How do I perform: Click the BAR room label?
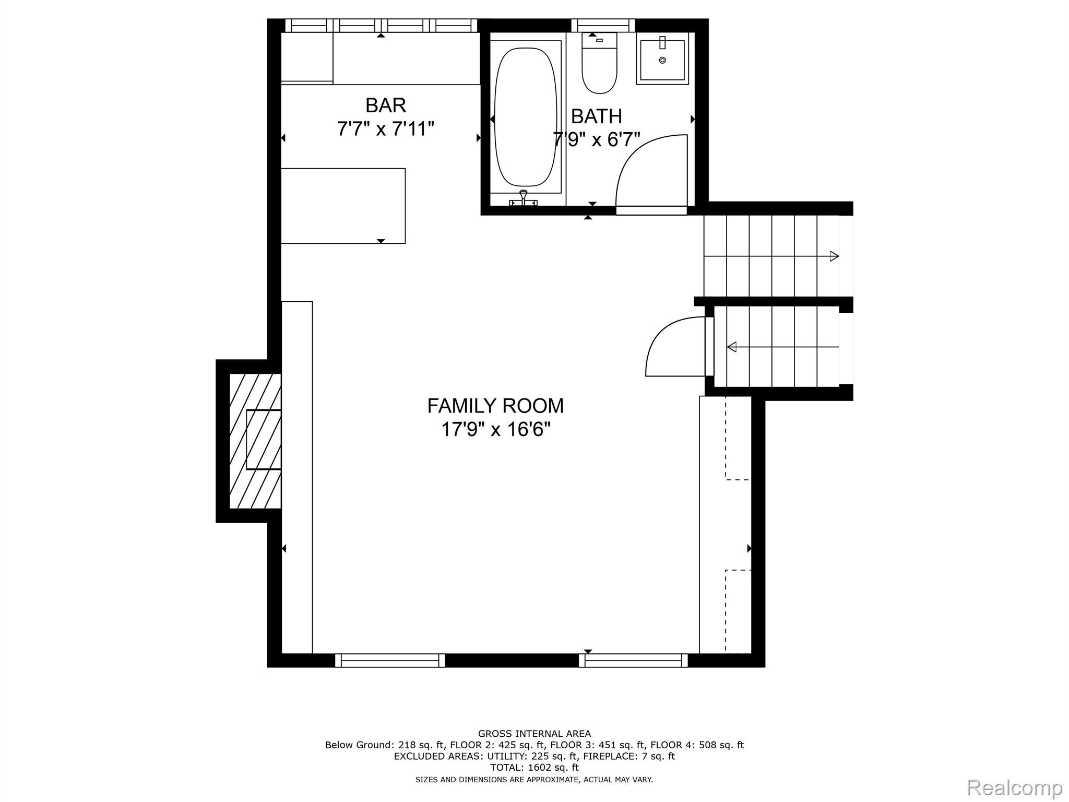pyautogui.click(x=385, y=105)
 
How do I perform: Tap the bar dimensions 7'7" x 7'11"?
pyautogui.click(x=385, y=128)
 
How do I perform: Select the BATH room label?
pyautogui.click(x=596, y=116)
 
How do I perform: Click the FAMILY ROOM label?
pyautogui.click(x=495, y=406)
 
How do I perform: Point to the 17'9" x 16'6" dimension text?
pyautogui.click(x=495, y=430)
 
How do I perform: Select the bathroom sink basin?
pyautogui.click(x=662, y=61)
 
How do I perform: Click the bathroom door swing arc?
pyautogui.click(x=647, y=167)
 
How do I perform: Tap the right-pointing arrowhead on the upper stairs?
pyautogui.click(x=834, y=256)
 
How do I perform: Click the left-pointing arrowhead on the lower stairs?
pyautogui.click(x=732, y=347)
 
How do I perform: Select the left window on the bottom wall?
pyautogui.click(x=390, y=661)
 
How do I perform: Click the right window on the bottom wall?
pyautogui.click(x=633, y=661)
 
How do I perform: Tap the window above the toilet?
pyautogui.click(x=603, y=25)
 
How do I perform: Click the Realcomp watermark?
pyautogui.click(x=1014, y=787)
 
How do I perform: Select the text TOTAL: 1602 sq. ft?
pyautogui.click(x=534, y=768)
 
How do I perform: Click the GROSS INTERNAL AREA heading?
pyautogui.click(x=534, y=734)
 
